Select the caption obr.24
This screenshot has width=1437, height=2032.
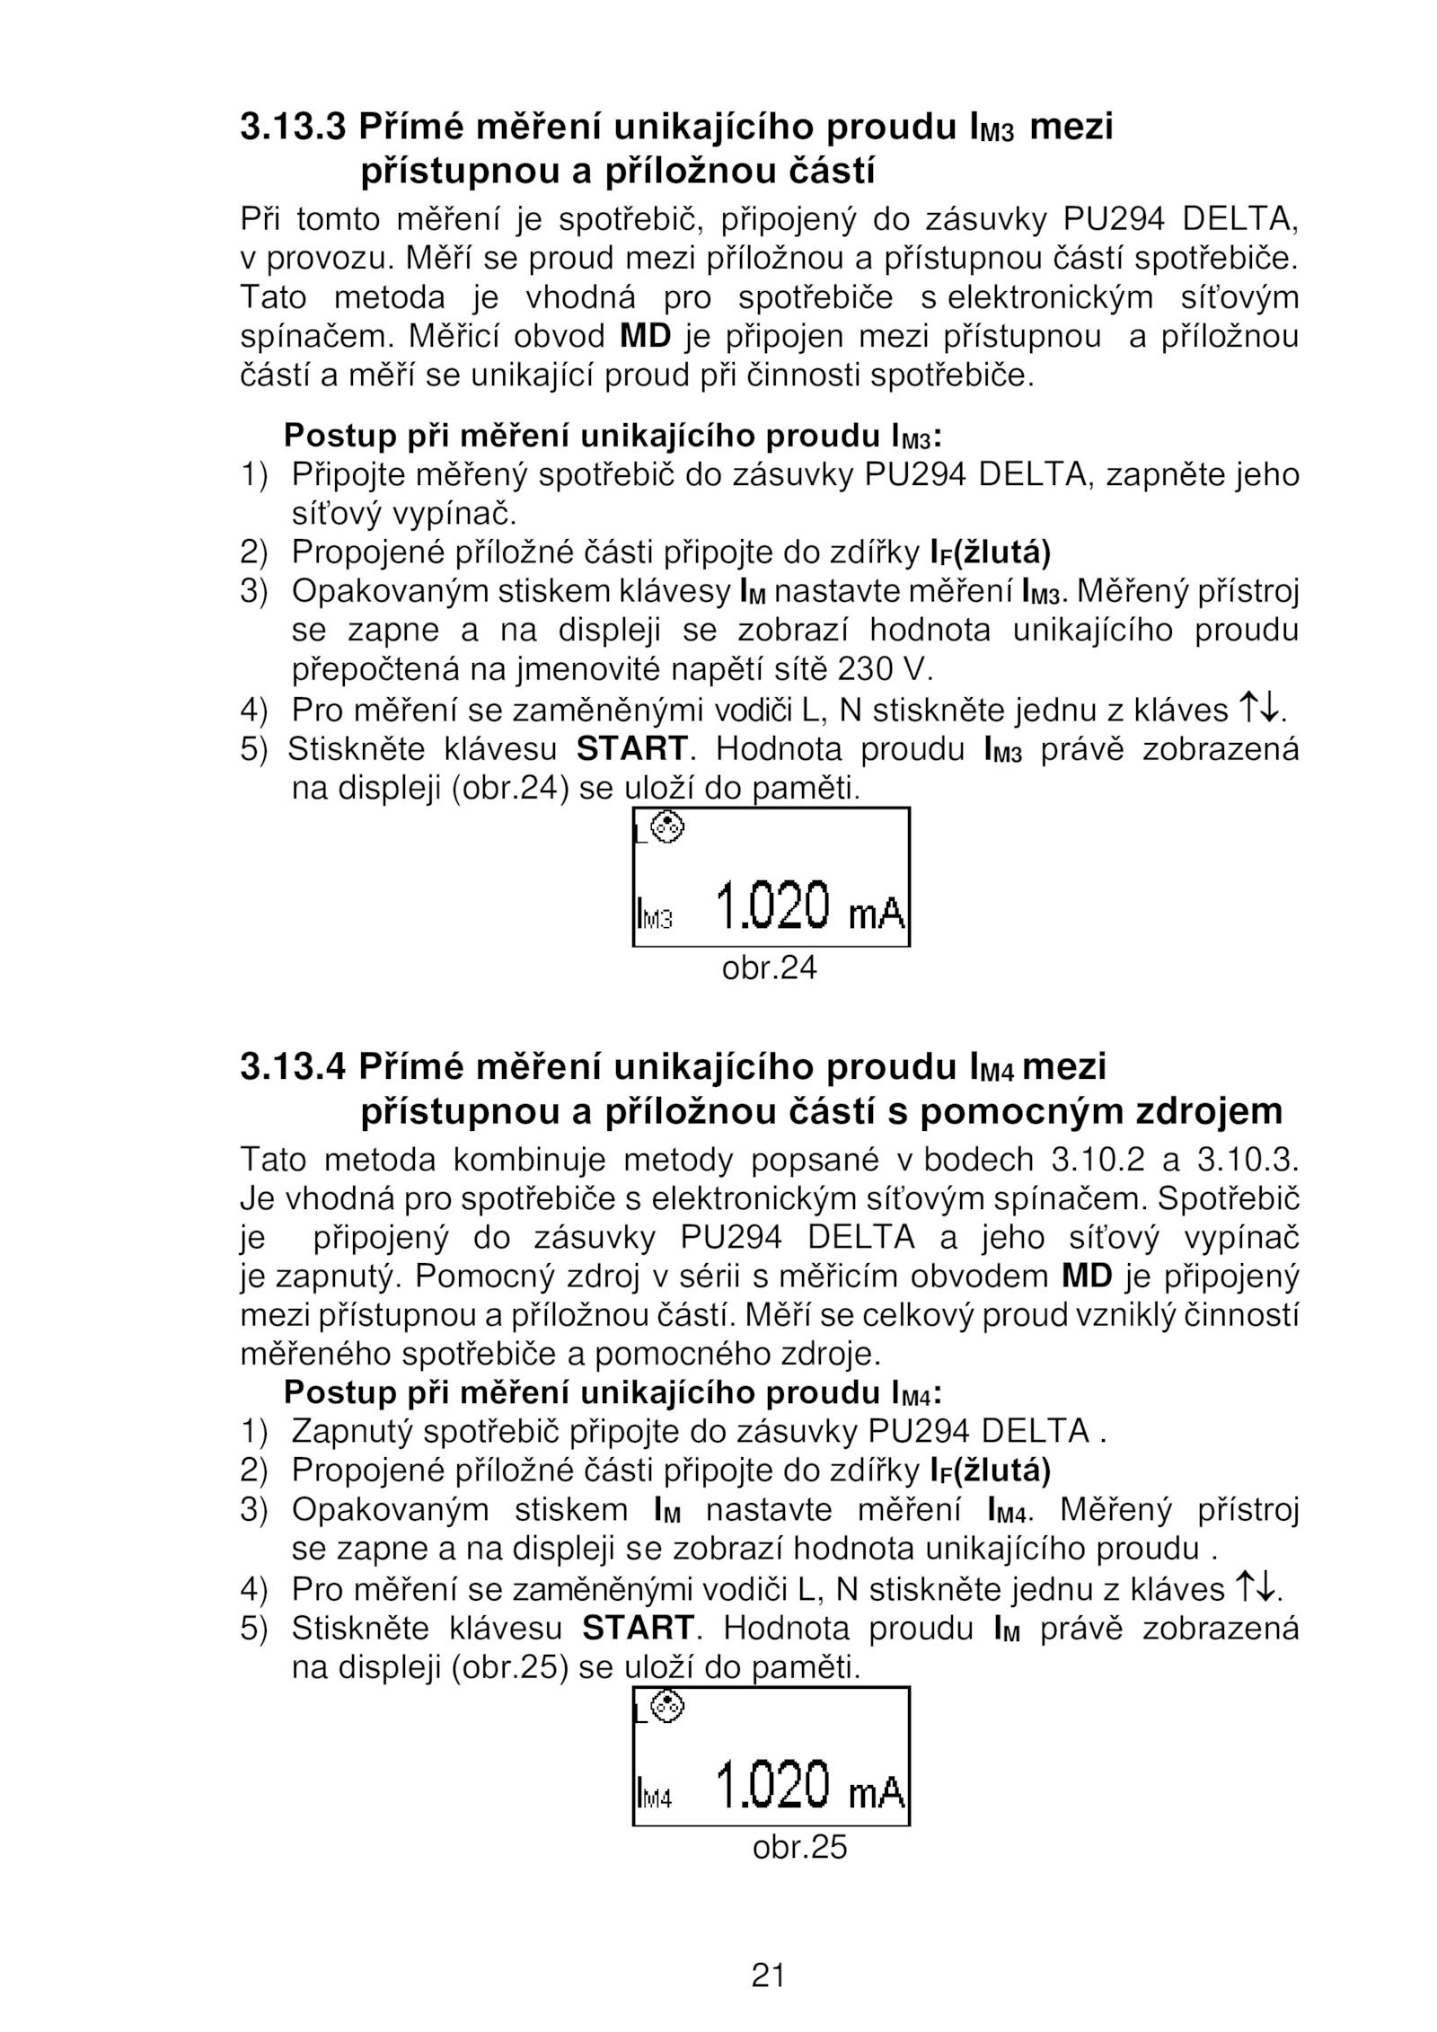point(770,968)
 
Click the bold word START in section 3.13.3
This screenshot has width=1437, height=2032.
point(631,748)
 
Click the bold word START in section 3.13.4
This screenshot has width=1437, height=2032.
point(638,1627)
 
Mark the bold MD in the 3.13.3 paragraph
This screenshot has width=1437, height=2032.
point(646,337)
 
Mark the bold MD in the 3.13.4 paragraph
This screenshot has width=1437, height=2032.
point(1087,1277)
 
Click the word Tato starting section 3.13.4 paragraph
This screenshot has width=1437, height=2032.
point(273,1160)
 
